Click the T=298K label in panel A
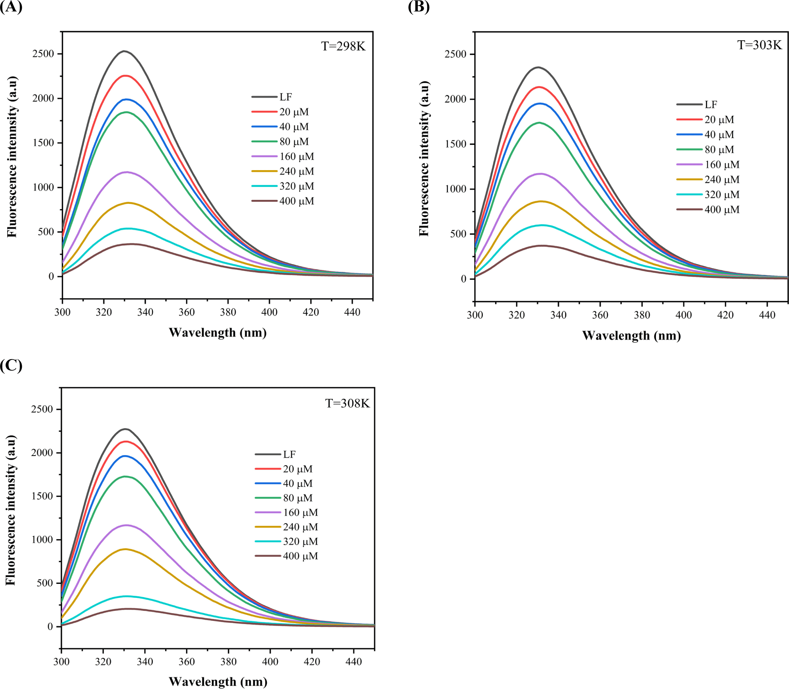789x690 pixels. point(343,47)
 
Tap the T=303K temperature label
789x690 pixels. point(759,45)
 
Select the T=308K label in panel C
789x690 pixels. point(347,403)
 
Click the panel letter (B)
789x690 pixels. point(418,7)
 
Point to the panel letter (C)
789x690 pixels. point(11,365)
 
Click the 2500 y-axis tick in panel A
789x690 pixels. point(43,54)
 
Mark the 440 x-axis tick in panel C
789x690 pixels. point(353,661)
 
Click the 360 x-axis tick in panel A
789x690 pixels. point(186,312)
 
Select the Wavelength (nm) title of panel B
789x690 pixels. point(631,336)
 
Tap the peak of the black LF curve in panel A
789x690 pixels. point(124,51)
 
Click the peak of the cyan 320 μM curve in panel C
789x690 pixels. point(127,596)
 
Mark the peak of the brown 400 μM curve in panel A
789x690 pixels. point(131,244)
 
